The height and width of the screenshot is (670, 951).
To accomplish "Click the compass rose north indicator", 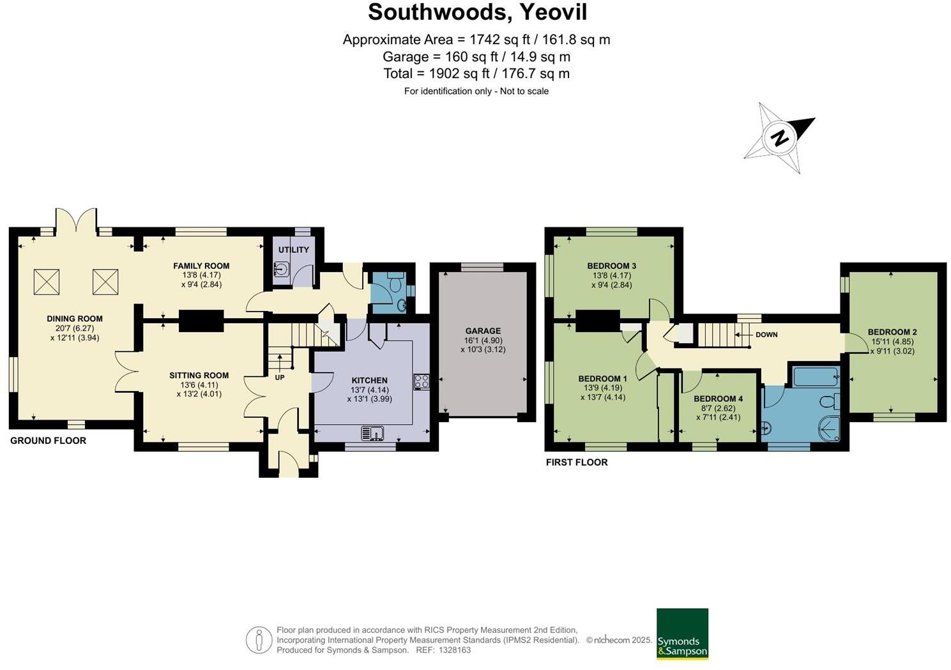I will pyautogui.click(x=779, y=138).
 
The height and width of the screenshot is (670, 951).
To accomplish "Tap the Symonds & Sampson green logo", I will pyautogui.click(x=682, y=634).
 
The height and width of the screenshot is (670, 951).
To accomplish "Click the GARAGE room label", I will pyautogui.click(x=482, y=331).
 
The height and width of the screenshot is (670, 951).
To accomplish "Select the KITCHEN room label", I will pyautogui.click(x=369, y=380).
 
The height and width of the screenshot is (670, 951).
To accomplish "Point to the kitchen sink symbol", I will pyautogui.click(x=372, y=433).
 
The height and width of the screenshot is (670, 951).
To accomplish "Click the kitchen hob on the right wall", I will pyautogui.click(x=421, y=381).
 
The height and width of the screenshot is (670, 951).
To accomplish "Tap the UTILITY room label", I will pyautogui.click(x=293, y=250).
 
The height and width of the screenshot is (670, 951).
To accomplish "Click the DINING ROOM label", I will pyautogui.click(x=74, y=319).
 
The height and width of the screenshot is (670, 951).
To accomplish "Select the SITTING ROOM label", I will pyautogui.click(x=199, y=376).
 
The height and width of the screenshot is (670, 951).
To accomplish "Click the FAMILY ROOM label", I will pyautogui.click(x=201, y=266).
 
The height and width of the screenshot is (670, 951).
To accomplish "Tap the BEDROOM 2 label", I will pyautogui.click(x=892, y=332).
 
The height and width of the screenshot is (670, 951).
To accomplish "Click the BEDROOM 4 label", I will pyautogui.click(x=718, y=399).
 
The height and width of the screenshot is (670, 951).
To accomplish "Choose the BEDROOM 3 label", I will pyautogui.click(x=611, y=266).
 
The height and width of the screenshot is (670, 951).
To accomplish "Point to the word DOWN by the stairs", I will pyautogui.click(x=766, y=335).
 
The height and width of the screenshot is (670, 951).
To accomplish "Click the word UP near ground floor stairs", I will pyautogui.click(x=279, y=377).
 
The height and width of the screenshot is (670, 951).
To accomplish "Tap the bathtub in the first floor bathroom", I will pyautogui.click(x=816, y=376).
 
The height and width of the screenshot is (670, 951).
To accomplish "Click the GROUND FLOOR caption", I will pyautogui.click(x=48, y=441).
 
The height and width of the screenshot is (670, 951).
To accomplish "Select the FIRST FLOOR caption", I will pyautogui.click(x=576, y=462).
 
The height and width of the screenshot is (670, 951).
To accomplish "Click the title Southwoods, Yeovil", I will pyautogui.click(x=477, y=12).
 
